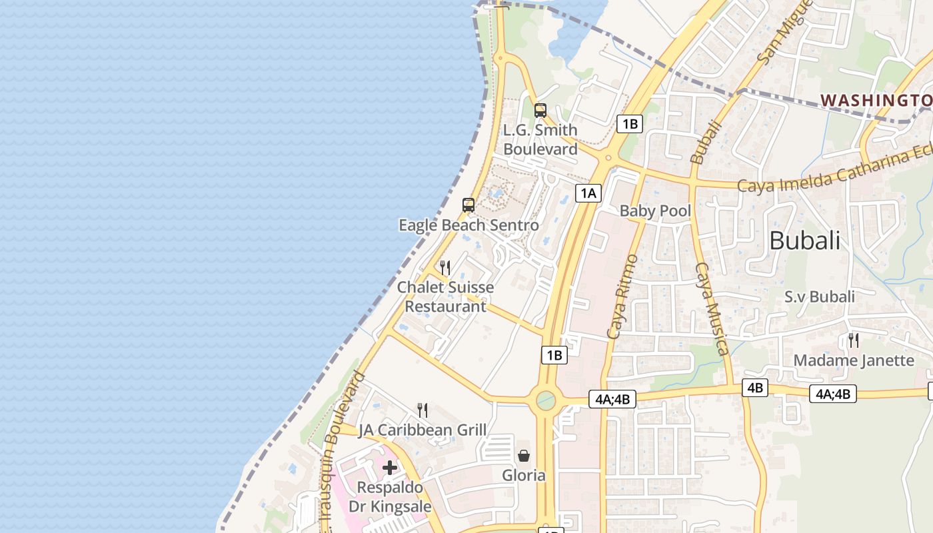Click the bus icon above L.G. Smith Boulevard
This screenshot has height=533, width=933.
(540, 111)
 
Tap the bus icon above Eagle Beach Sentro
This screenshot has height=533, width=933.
(468, 205)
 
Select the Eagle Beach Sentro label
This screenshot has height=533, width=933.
(468, 225)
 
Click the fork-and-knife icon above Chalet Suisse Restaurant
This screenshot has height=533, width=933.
(445, 268)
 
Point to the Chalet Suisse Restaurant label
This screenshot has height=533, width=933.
(445, 297)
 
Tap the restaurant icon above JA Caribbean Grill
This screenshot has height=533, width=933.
(422, 410)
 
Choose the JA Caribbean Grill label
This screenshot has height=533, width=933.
(423, 430)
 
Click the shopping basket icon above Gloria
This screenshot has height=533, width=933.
(524, 456)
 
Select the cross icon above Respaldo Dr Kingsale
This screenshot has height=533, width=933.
(390, 468)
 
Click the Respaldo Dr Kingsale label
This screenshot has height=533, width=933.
(390, 497)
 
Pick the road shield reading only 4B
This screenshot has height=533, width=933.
(755, 388)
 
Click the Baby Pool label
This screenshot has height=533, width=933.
(655, 211)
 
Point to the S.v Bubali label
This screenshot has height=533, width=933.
(819, 297)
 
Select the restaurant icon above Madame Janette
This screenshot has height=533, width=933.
(853, 340)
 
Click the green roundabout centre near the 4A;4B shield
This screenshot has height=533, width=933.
(546, 400)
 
